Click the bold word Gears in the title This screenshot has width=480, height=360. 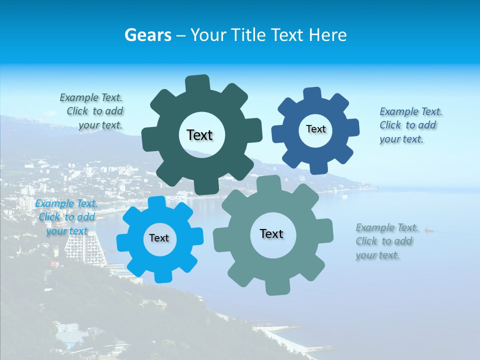[147, 35]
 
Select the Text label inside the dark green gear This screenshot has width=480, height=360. [199, 135]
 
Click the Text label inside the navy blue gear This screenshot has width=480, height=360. [315, 129]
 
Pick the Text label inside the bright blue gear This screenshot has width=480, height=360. [159, 238]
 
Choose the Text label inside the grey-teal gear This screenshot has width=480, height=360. [271, 234]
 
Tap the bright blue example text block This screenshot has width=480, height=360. [66, 217]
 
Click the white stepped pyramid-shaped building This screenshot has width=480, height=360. [84, 250]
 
